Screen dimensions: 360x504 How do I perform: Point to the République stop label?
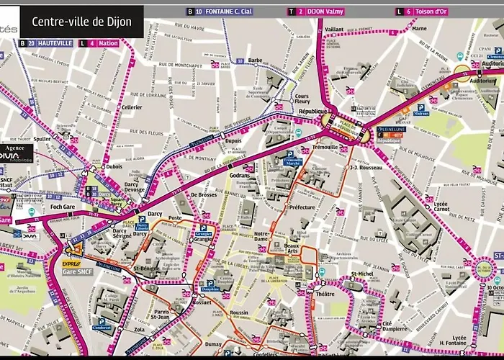314,113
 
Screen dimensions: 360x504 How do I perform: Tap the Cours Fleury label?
302,99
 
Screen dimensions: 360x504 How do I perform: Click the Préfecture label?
302,207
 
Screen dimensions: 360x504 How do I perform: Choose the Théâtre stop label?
325,294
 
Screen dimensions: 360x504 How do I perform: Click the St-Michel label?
362,274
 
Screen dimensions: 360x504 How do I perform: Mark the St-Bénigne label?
146,269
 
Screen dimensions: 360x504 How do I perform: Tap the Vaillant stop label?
334,30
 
